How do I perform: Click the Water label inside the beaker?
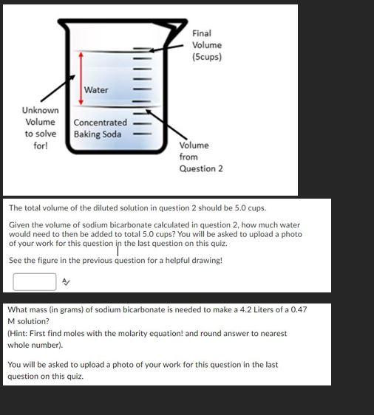[96, 90]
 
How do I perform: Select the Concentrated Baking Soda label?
[100, 128]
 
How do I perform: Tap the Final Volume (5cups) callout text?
[206, 45]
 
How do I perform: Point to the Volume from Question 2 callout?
[200, 157]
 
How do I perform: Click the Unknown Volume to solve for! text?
[40, 128]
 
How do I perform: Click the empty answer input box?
[34, 281]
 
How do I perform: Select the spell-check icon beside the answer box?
[66, 281]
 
